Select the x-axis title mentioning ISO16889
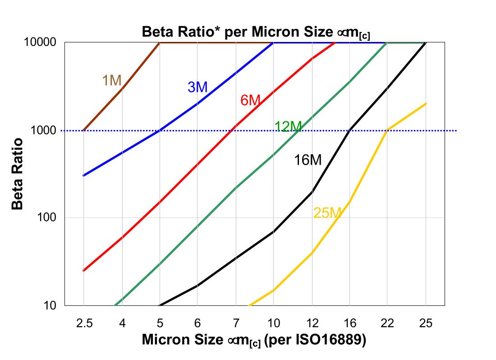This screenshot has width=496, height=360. point(253,340)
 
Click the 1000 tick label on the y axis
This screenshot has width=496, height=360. point(44,130)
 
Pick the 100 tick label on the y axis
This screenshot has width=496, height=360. point(47,218)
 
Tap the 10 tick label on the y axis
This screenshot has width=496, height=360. point(50,306)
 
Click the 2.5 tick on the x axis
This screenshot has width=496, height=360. point(84,323)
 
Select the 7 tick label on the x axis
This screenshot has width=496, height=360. point(236,323)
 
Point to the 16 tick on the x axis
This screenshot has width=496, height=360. point(350,323)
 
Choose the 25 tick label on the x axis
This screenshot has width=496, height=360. point(426,323)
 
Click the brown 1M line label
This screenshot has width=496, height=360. point(111,80)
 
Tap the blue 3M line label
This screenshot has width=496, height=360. point(197,87)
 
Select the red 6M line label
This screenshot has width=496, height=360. point(250,100)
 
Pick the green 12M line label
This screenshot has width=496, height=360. point(288,127)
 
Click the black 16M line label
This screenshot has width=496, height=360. point(308,160)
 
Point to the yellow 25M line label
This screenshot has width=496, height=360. point(326,213)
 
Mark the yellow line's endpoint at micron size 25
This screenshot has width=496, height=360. point(426,104)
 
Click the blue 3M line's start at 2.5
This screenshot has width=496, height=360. point(84,175)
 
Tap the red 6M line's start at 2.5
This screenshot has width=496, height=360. point(84,271)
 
